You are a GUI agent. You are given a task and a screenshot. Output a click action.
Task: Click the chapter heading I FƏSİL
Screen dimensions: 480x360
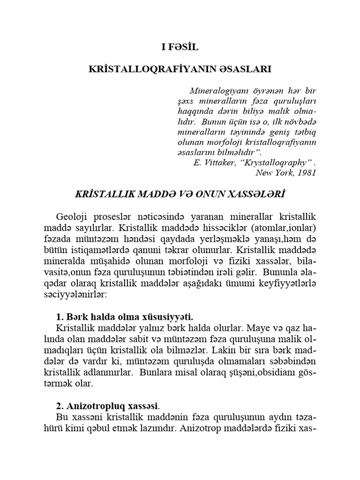click(180, 47)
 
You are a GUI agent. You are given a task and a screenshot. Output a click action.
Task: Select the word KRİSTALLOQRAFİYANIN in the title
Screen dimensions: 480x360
click(152, 69)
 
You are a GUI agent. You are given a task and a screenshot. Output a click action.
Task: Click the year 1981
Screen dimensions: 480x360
click(307, 172)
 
